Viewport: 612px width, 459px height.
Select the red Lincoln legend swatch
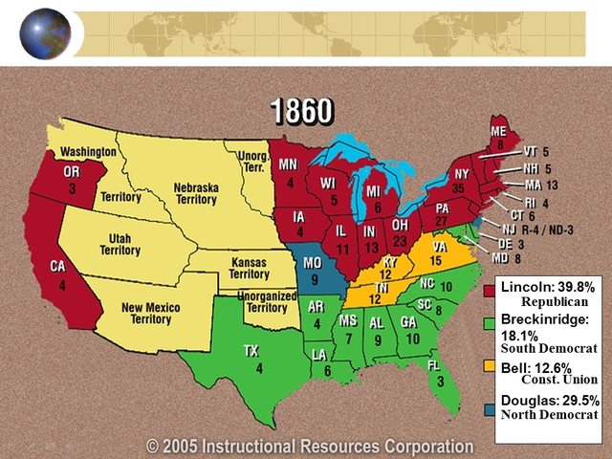click(x=491, y=289)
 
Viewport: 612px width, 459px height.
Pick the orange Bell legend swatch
click(x=491, y=367)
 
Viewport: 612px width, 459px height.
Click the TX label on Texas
click(x=251, y=351)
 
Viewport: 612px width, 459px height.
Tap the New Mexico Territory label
click(x=162, y=313)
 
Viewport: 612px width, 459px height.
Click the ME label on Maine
click(x=498, y=131)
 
